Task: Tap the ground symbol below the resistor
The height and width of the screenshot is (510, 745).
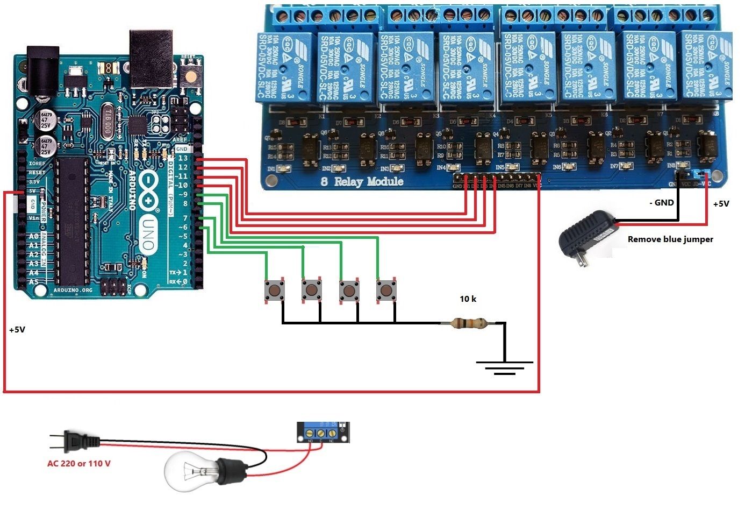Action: pos(504,368)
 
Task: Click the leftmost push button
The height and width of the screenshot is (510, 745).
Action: pos(275,291)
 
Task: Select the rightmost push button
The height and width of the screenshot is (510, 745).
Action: pos(386,291)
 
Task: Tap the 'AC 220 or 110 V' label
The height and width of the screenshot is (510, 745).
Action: pos(79,463)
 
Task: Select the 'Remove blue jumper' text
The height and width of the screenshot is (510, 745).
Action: pos(670,239)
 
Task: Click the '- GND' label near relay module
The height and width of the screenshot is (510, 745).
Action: pos(661,203)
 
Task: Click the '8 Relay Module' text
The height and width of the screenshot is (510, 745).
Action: pos(362,181)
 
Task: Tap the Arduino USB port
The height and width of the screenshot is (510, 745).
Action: pos(151,59)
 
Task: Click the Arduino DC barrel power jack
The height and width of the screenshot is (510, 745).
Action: pos(43,70)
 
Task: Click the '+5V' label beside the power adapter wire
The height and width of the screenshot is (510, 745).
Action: pos(721,204)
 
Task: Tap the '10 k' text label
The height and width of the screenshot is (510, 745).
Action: pos(468,299)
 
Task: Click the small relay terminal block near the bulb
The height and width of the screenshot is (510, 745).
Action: pos(323,433)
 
